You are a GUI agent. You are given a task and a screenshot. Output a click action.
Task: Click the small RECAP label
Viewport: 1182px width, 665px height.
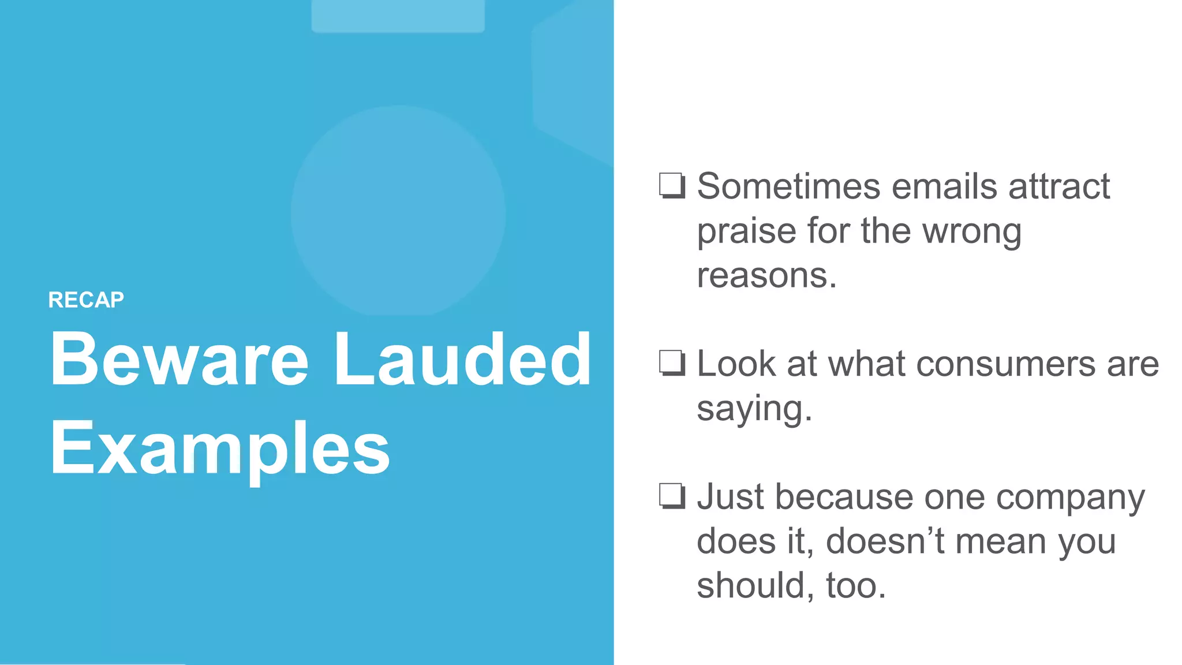click(86, 300)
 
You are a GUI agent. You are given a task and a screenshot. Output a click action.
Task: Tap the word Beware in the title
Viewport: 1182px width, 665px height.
click(179, 360)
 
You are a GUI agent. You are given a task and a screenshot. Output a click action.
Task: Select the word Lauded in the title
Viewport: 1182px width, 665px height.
click(462, 360)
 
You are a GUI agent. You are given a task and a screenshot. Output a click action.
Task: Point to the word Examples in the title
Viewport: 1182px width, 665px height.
click(220, 449)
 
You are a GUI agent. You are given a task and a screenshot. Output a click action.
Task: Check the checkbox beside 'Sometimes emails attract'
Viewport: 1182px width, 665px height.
click(672, 186)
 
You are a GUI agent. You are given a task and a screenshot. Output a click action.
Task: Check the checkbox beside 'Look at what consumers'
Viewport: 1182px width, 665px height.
click(672, 363)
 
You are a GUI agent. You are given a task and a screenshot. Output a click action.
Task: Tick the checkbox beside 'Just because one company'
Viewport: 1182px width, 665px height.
click(672, 496)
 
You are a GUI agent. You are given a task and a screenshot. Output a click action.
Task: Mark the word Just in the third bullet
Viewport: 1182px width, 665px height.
click(730, 497)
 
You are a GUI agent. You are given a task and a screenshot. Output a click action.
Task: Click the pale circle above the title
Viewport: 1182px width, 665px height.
click(398, 211)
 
